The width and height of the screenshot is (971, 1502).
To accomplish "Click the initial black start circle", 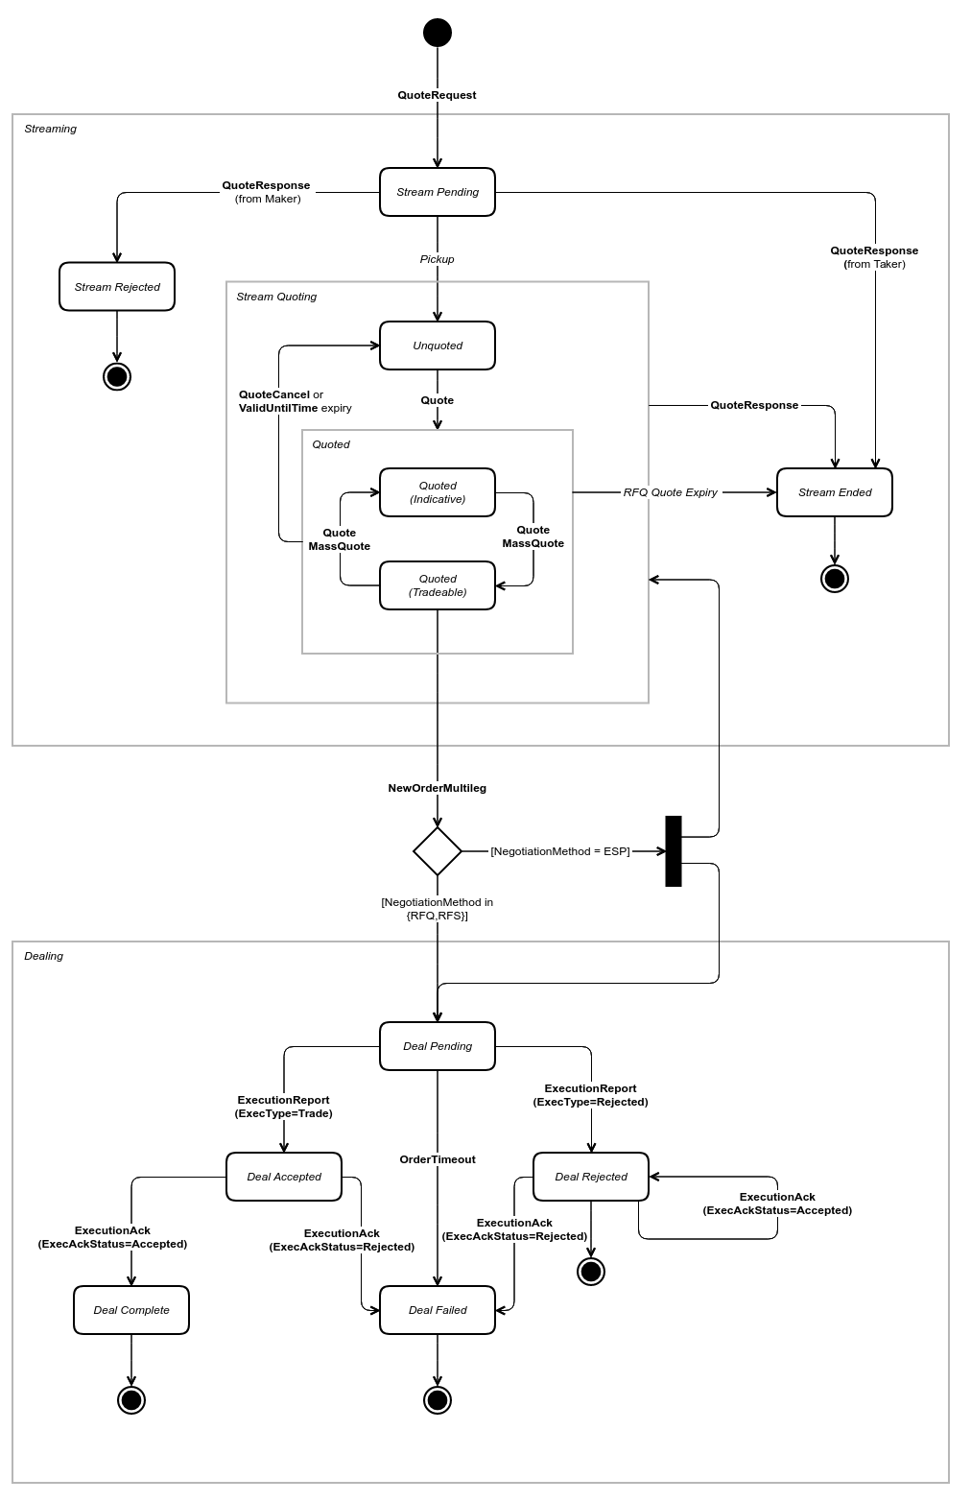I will click(438, 33).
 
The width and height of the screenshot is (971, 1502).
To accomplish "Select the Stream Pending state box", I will click(438, 192).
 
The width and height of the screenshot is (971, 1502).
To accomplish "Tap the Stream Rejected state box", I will click(117, 287).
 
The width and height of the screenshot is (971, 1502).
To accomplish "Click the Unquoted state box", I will click(438, 346).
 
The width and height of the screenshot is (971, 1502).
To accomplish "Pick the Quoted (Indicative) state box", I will click(438, 492).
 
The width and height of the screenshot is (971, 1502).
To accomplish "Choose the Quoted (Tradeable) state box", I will click(438, 585).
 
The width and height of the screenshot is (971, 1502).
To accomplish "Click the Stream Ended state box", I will click(835, 492).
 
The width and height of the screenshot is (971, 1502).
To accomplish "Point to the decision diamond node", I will click(438, 851).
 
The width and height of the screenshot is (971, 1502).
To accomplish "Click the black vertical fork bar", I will click(674, 851).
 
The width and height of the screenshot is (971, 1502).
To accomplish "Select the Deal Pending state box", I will click(438, 1046).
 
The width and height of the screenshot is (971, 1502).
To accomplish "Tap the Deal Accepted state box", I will click(284, 1177).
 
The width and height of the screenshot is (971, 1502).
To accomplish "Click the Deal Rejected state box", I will click(591, 1177).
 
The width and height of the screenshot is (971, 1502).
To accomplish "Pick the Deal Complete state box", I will click(131, 1310).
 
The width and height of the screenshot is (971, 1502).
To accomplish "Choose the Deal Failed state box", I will click(438, 1310).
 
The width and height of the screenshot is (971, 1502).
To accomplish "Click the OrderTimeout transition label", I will click(438, 1159).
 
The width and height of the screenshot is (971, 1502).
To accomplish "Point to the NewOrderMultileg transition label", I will click(438, 788).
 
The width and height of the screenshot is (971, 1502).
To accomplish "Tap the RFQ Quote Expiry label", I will click(671, 492).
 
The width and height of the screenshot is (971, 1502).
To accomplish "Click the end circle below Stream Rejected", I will click(117, 376).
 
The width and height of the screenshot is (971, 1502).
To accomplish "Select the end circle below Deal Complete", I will click(131, 1400).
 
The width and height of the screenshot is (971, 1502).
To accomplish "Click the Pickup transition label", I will click(438, 259).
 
